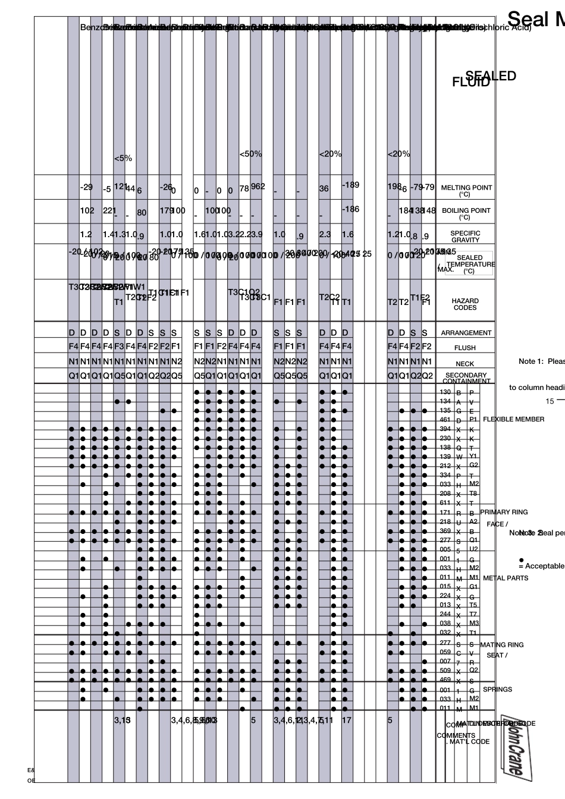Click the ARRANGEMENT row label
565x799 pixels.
tap(466, 333)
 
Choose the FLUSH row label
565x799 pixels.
tap(465, 348)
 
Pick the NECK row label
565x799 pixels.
tap(465, 363)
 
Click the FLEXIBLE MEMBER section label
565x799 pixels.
tap(513, 419)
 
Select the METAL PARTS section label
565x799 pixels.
tap(506, 578)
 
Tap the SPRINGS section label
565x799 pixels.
tap(497, 690)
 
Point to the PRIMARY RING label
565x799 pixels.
tap(504, 512)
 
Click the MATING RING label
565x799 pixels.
tap(502, 644)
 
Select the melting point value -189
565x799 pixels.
tap(350, 185)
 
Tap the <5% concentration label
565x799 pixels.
tap(123, 159)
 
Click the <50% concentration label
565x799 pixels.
tap(250, 154)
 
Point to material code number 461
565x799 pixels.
tap(445, 420)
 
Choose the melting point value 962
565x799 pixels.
tap(258, 186)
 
